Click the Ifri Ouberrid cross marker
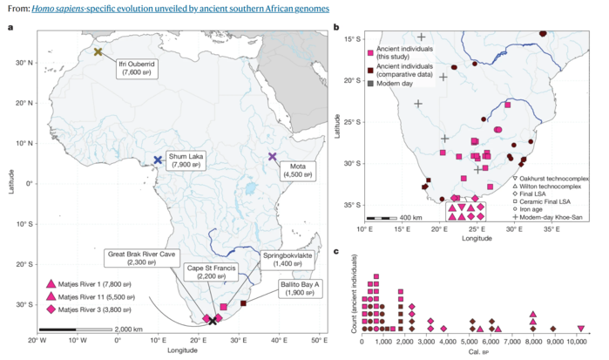98,52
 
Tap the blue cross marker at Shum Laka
158,160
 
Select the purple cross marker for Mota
273,157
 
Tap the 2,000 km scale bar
85,329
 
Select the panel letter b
337,29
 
